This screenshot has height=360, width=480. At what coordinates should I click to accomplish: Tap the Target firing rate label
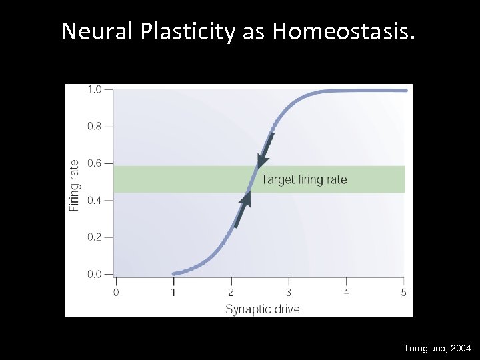303,179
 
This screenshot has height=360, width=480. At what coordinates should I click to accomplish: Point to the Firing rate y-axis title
74,185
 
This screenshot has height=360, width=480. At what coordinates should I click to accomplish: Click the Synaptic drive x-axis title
263,309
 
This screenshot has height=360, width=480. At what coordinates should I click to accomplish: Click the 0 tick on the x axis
116,292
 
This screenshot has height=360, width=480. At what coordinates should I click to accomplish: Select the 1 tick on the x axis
173,292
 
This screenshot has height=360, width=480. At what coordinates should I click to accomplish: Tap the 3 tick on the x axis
289,292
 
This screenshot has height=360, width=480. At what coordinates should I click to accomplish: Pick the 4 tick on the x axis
346,292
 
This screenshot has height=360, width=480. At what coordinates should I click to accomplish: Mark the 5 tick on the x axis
403,292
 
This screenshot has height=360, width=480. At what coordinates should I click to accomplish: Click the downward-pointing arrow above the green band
265,151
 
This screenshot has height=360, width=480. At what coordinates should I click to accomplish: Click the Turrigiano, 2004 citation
437,348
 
